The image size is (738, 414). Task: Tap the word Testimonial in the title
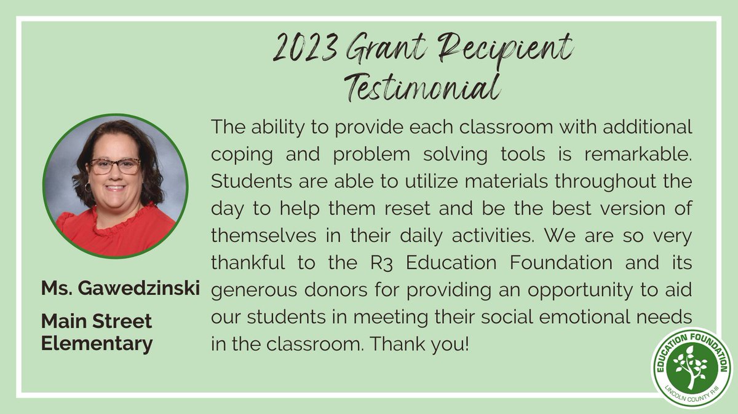[420, 87]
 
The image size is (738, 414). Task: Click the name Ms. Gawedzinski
[121, 289]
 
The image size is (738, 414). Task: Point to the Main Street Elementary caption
[97, 332]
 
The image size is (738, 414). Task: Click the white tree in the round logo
[691, 367]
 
